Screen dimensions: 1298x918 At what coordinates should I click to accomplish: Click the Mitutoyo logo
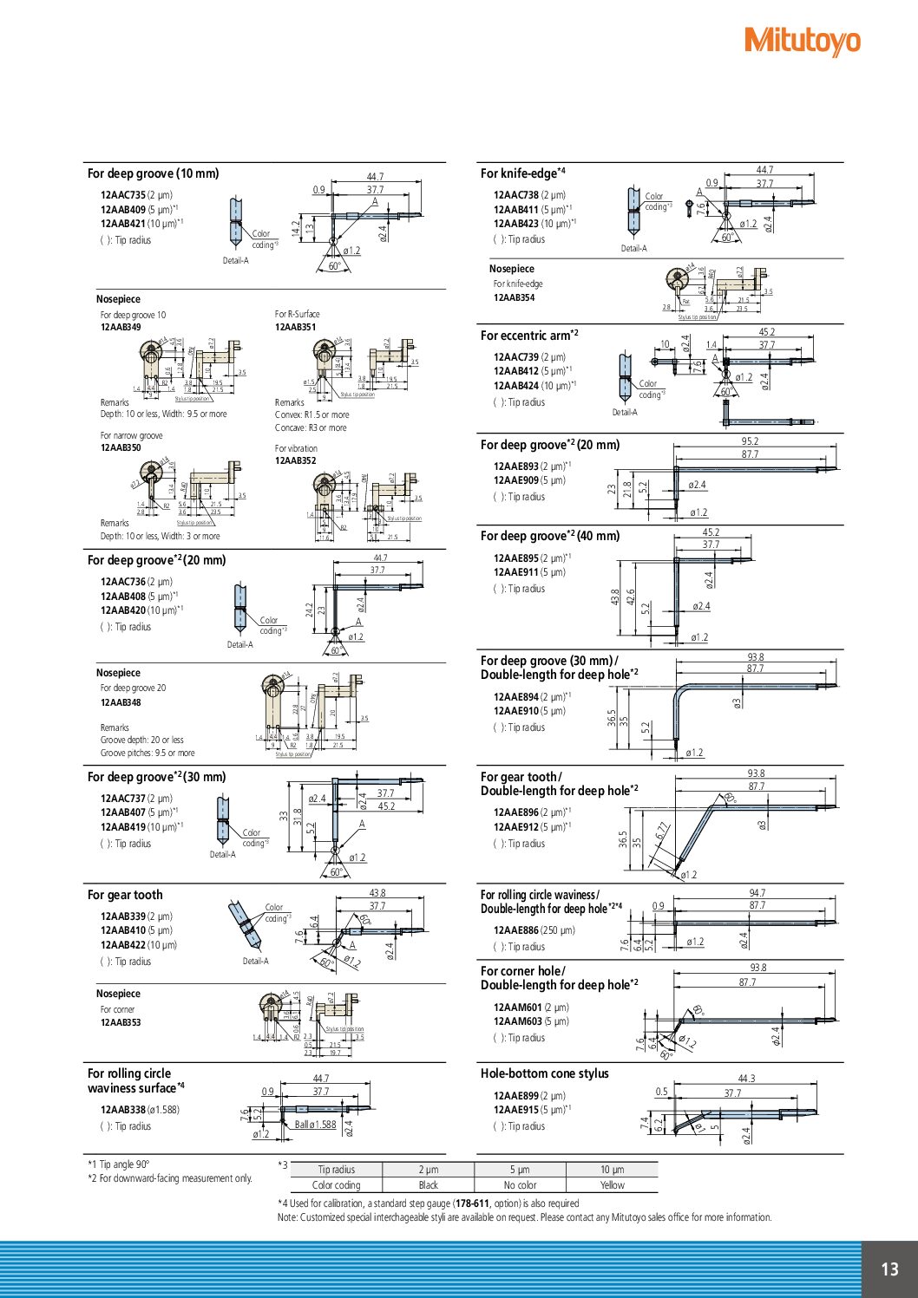pos(803,41)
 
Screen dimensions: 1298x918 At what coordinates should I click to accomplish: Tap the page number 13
pos(889,1269)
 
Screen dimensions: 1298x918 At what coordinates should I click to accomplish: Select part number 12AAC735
pos(123,195)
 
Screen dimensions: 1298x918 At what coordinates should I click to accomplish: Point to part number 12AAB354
pos(514,297)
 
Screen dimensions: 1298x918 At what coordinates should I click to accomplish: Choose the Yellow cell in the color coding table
pos(612,1185)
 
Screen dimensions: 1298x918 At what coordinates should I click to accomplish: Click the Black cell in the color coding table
pos(429,1185)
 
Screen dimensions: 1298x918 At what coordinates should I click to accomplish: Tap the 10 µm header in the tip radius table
pos(612,1170)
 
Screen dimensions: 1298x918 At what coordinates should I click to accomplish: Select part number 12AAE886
pos(516,930)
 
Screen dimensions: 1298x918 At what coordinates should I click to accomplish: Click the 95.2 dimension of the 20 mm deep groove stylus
pos(750,441)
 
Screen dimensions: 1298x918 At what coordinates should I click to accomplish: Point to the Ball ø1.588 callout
pos(315,1125)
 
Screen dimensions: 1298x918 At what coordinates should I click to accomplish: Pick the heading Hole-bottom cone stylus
pos(544,1073)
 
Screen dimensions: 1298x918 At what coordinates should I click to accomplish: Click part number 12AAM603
pos(517,1021)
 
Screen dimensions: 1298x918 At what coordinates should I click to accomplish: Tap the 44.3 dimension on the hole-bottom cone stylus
pos(746,1079)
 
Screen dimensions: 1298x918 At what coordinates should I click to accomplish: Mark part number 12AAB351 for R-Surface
pos(295,327)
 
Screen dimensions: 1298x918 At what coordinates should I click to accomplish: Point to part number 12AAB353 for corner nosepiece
pos(120,1022)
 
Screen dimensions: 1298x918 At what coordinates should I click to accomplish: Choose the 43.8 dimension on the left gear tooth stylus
pos(377,893)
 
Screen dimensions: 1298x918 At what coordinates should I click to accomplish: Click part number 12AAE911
pos(516,572)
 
